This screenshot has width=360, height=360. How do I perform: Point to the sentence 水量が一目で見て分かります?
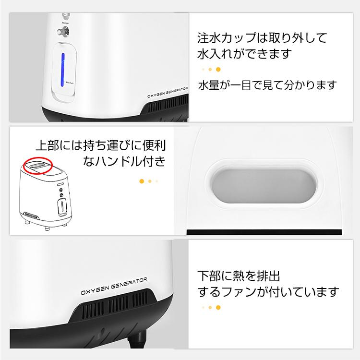point(267,85)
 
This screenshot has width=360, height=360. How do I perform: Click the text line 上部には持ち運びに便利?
point(104,144)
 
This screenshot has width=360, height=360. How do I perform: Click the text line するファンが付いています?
point(268,291)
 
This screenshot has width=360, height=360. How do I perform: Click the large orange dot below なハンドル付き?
point(142,181)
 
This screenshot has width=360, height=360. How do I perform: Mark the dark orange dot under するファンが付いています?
point(218,307)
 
